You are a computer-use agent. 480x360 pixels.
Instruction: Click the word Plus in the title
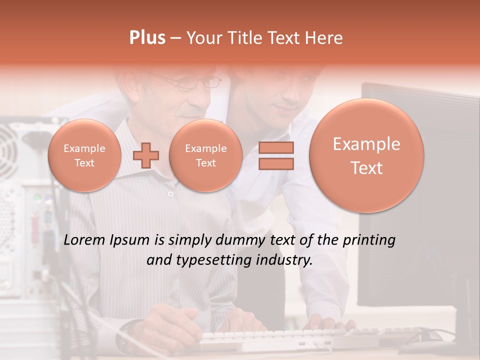pos(147,38)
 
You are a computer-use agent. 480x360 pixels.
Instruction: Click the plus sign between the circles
pos(146,155)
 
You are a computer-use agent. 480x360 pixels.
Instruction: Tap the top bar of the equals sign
pos(275,147)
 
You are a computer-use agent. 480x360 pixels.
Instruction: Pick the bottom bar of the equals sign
pos(275,163)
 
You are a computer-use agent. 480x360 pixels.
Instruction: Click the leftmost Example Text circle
pos(84,155)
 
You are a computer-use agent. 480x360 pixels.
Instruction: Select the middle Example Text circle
pos(206,155)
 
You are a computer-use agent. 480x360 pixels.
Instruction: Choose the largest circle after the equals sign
pos(366,155)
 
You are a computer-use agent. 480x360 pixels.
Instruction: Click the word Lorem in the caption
pos(84,240)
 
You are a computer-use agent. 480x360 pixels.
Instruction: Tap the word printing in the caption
pos(370,240)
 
